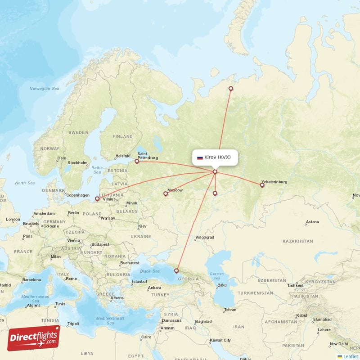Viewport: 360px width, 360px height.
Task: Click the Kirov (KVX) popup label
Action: [x=215, y=157]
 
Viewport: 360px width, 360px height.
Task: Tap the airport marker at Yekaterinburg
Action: [x=262, y=184]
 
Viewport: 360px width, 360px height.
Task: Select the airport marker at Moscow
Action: [x=166, y=194]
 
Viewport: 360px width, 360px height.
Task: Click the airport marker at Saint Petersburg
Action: [x=137, y=161]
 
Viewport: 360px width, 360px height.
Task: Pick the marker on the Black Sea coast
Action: [x=176, y=270]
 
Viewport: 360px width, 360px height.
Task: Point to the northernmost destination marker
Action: [x=231, y=89]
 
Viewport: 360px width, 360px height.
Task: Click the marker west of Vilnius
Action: [x=97, y=198]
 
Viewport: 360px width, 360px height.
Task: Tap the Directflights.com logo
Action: [x=34, y=338]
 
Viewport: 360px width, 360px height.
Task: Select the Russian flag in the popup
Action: [x=200, y=158]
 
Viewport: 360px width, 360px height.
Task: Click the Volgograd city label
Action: [x=205, y=237]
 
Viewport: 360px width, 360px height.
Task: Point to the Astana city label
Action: [x=312, y=222]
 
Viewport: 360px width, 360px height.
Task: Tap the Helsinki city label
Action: [x=122, y=156]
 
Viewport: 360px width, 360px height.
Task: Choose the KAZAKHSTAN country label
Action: [x=297, y=242]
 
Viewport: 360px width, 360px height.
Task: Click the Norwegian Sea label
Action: [x=44, y=89]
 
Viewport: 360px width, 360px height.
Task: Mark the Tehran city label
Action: [x=230, y=310]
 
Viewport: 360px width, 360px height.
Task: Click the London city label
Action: [x=13, y=220]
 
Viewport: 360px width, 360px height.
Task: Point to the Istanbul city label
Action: [x=139, y=282]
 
